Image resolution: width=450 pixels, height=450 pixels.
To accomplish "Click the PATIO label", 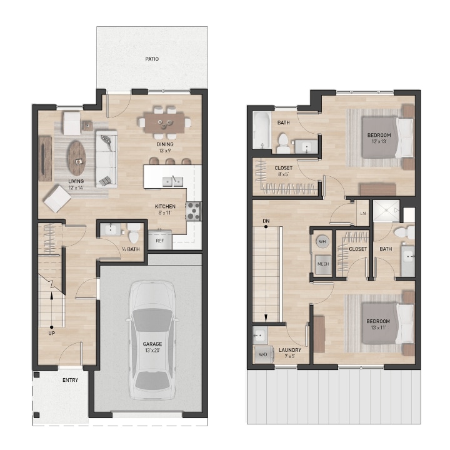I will pos(152,59).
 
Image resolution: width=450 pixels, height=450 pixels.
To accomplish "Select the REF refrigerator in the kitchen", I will pos(160,240).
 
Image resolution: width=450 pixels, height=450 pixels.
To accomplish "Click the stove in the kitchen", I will pos(193,211).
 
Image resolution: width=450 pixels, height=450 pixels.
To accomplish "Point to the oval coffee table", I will pos(77,157).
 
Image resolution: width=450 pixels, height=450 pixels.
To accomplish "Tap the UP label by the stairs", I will pos(51,333).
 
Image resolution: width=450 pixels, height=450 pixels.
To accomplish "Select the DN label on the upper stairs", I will pos(266,221).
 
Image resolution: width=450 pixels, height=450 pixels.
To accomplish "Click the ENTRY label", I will pos(70,380).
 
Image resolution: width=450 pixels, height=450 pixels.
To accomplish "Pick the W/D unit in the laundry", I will pos(261,354).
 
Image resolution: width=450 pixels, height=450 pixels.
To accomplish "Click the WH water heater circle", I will pos(322,241).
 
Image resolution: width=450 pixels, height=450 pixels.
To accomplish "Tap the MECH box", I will pos(322,264).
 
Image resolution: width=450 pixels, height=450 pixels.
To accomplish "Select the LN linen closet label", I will pos(362,213).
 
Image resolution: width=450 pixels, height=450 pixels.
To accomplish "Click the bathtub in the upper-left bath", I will pos(261,130).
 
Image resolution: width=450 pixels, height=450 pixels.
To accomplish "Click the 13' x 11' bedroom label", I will pos(379,326).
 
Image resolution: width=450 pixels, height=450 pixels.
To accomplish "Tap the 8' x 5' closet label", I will pos(283,171).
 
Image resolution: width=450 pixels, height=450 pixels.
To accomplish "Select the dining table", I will pos(164,120).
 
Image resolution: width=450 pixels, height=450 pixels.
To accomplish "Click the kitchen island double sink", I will pos(172,182).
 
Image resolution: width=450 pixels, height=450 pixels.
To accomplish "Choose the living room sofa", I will pos(106,159).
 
